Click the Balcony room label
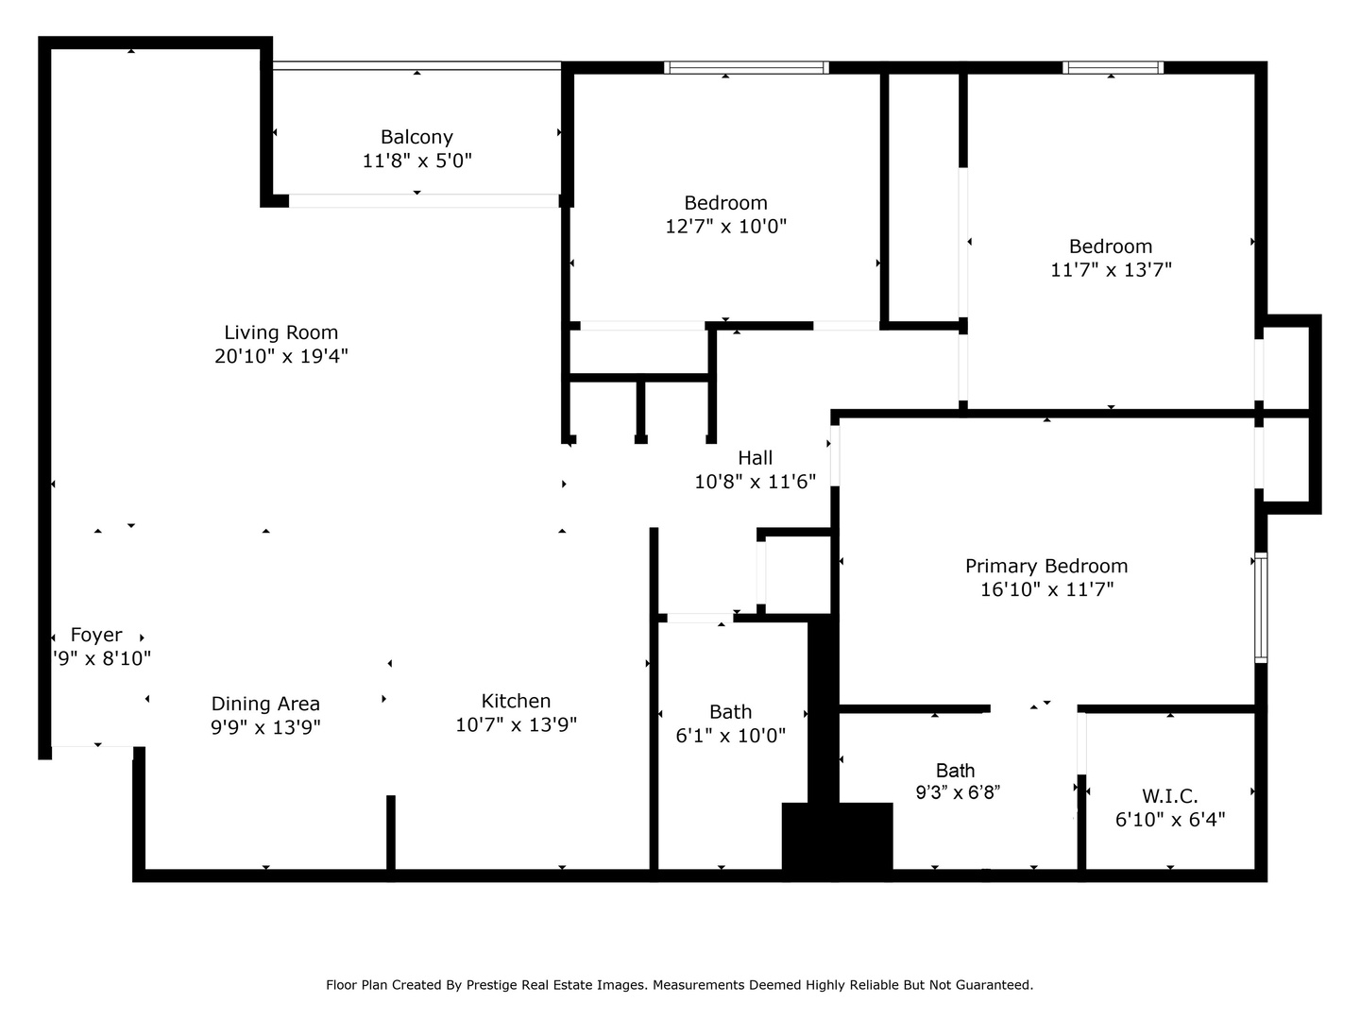pos(416,137)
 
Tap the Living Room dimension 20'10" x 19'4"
pos(281,356)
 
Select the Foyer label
pos(96,635)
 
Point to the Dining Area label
pos(265,704)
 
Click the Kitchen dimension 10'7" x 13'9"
pos(516,724)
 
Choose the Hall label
pos(755,458)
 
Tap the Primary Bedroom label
pos(1045,566)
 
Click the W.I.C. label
pos(1170,796)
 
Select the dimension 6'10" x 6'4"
pos(1170,820)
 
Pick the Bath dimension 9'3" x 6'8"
pos(958,792)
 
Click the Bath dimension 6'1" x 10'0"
pos(730,735)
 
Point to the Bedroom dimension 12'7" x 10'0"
pos(725,226)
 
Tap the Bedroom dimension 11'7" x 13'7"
pos(1111,270)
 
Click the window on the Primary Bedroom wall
pos(1260,607)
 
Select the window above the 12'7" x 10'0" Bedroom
pos(746,67)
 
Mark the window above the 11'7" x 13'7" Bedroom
pos(1113,67)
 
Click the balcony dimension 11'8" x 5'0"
pos(416,161)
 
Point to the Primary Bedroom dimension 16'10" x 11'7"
pos(1046,589)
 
